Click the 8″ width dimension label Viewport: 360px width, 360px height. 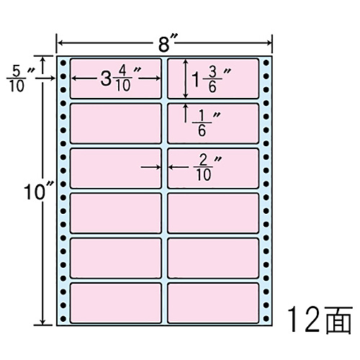click(168, 43)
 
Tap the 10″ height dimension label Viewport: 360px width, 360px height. click(38, 192)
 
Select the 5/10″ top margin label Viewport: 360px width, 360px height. click(20, 79)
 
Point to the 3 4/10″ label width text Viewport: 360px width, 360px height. click(120, 78)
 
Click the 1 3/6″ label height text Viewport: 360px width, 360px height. click(211, 79)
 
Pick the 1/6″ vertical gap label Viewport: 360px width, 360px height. click(206, 124)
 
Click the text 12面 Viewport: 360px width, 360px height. click(320, 320)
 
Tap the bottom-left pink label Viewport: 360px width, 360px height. click(116, 303)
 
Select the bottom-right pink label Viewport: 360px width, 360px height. click(213, 303)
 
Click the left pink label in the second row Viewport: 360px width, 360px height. click(116, 123)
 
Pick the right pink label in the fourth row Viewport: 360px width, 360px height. click(213, 213)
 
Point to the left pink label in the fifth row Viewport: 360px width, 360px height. click(116, 258)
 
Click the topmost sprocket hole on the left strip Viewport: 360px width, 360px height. click(63, 63)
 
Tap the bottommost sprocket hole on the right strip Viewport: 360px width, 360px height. click(266, 319)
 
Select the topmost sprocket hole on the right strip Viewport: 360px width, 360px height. click(266, 63)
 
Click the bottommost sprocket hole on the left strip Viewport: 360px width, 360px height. click(63, 319)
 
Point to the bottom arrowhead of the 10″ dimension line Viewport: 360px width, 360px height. click(43, 322)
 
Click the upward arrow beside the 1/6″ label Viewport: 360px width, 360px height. click(185, 113)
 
